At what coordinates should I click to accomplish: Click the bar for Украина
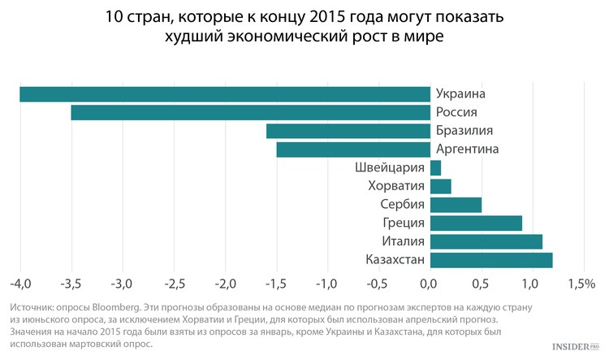[225, 94]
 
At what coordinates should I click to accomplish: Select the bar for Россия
[251, 113]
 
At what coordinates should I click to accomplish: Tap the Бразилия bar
[348, 131]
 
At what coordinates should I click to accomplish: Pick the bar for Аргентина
[353, 150]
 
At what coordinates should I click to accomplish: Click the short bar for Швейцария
[435, 168]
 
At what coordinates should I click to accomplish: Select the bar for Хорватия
[441, 187]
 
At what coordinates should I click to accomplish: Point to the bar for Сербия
[456, 205]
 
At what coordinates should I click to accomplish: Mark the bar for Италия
[486, 241]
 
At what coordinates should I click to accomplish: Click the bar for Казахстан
[491, 260]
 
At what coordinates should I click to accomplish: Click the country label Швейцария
[391, 168]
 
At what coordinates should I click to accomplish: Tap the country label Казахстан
[389, 260]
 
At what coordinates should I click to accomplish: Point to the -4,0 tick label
[20, 284]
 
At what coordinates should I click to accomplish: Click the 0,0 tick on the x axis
[429, 284]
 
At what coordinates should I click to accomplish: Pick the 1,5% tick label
[581, 284]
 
